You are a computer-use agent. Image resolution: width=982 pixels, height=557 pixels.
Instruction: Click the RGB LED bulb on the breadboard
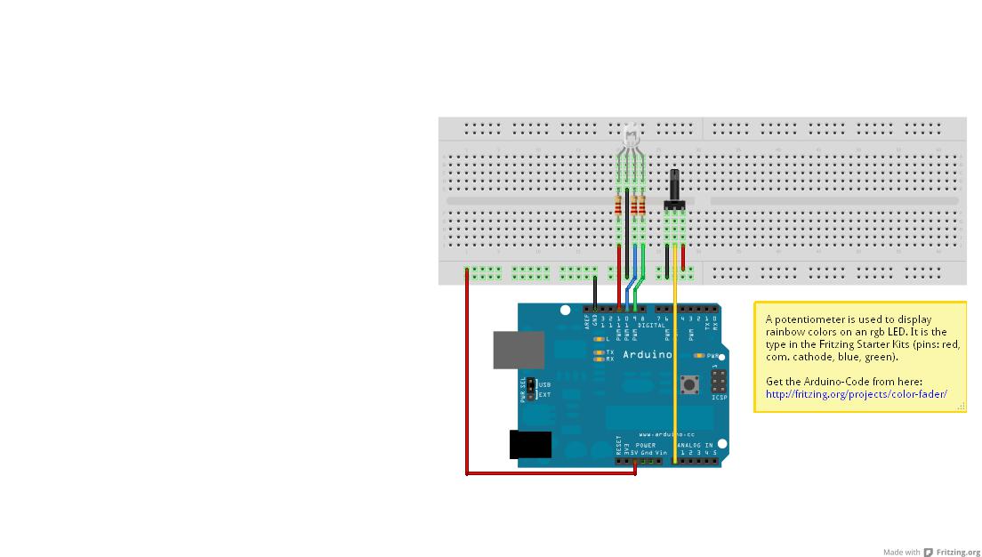coord(631,137)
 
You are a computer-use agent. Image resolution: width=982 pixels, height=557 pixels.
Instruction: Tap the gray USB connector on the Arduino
coord(519,350)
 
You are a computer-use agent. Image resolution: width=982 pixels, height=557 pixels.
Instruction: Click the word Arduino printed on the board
coord(647,355)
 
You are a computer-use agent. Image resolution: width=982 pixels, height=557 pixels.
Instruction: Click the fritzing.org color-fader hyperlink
coord(856,394)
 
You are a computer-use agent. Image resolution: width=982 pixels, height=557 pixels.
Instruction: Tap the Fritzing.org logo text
coord(958,553)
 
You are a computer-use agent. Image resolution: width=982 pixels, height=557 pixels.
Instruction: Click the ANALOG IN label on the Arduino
coord(695,445)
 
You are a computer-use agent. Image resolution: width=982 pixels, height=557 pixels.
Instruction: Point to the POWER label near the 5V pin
coord(646,445)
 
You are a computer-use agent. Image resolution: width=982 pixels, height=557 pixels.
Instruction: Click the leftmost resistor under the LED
coord(619,208)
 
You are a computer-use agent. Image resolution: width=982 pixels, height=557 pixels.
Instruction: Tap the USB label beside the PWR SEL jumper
coord(544,385)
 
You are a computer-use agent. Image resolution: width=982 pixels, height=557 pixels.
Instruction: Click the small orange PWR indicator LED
coord(700,356)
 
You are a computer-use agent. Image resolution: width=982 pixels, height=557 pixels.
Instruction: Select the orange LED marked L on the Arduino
coord(599,340)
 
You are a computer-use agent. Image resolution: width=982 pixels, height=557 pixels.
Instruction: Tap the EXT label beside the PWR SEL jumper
coord(544,394)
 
